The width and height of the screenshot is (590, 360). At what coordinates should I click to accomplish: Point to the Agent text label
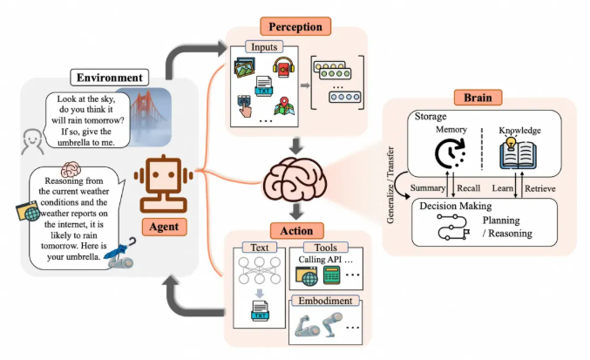164,223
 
